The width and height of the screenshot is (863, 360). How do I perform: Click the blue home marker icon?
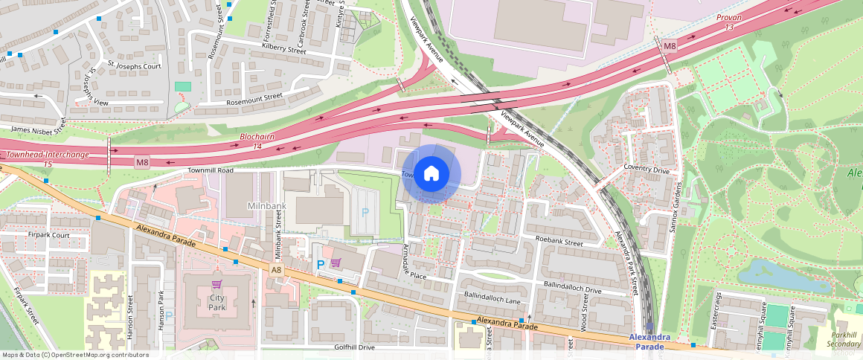[x=431, y=174]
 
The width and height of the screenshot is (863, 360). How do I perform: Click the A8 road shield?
[x=276, y=270]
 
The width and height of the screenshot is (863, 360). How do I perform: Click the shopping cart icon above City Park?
[x=216, y=284]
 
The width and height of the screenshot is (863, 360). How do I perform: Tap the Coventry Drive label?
[x=647, y=169]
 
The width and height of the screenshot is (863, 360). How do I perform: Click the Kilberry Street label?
[x=284, y=51]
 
